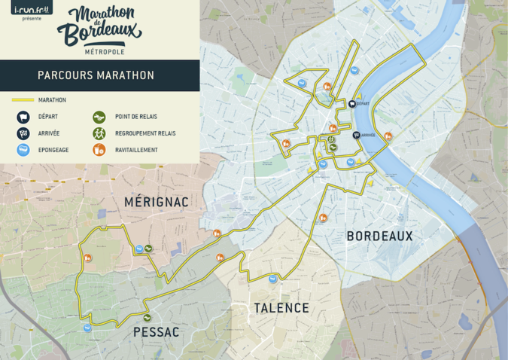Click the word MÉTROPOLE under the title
tap(105, 51)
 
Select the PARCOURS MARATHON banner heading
tap(96, 75)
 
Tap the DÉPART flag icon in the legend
tap(23, 117)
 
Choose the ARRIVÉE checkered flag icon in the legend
tap(23, 133)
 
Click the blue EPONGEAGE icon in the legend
tap(23, 150)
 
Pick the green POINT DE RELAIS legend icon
tap(99, 117)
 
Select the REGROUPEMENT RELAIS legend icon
tap(99, 133)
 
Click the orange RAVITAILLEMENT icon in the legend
tap(99, 150)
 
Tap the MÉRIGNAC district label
tap(157, 202)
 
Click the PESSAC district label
tap(156, 331)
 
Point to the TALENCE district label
tap(281, 307)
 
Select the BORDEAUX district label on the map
tap(379, 236)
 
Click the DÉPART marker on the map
tap(352, 105)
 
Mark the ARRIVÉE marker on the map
tap(356, 136)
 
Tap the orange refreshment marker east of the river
tap(388, 136)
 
